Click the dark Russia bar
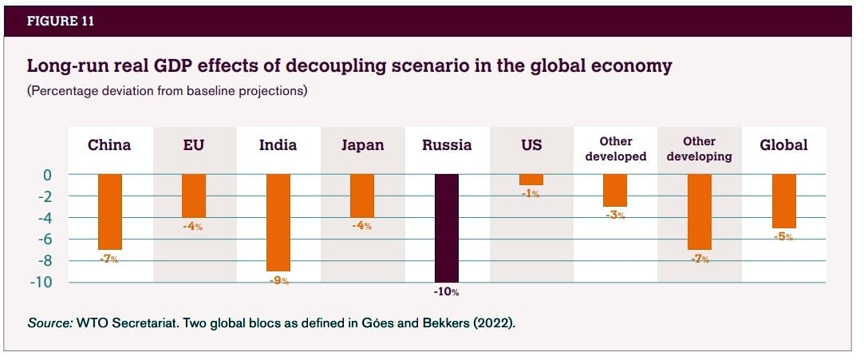pos(447,227)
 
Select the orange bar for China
pos(110,212)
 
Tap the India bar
pos(278,222)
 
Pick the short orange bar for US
pos(531,180)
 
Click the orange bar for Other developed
pos(615,190)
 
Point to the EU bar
pos(194,196)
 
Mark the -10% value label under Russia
pos(447,292)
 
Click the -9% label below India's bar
pos(278,281)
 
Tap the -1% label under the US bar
pos(531,194)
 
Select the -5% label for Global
pos(783,237)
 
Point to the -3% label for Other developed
pos(615,216)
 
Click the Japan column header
pos(363,145)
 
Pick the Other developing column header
pos(699,148)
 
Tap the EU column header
pos(194,145)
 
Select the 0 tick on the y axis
pos(48,174)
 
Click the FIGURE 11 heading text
pos(61,22)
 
